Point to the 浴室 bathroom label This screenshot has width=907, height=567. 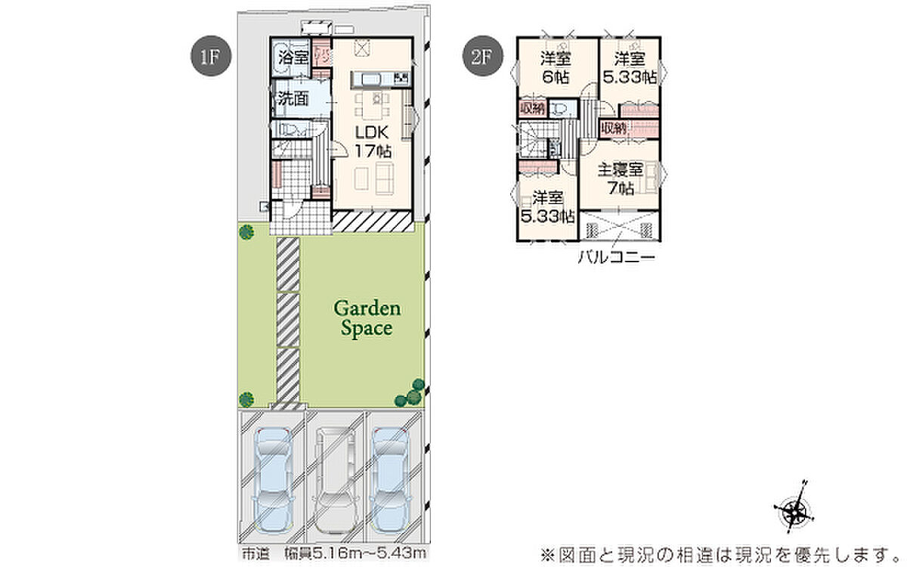(293, 57)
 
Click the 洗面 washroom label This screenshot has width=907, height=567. (293, 98)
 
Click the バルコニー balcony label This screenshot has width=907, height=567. (615, 256)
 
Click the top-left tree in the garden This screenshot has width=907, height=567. (245, 233)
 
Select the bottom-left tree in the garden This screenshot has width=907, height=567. (245, 398)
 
